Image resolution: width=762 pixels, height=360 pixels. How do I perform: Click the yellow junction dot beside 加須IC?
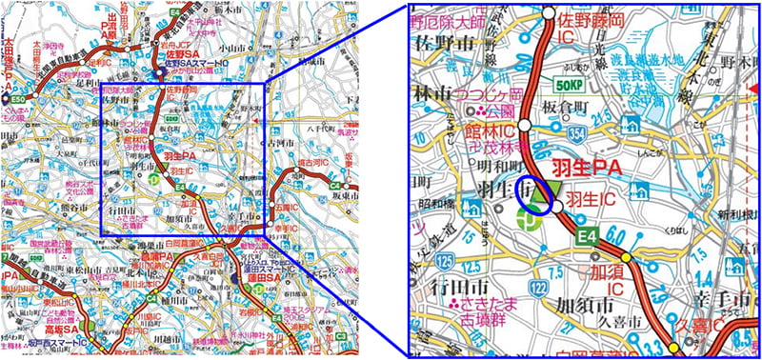[626, 257]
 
